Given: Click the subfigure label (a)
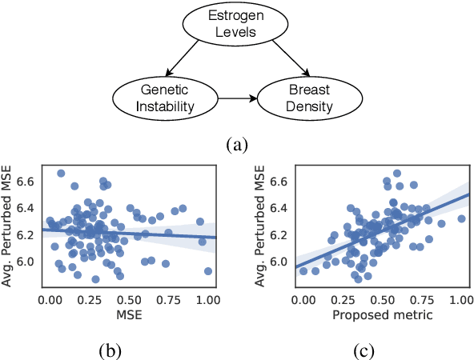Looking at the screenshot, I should point(238,145).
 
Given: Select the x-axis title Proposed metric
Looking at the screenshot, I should point(382,315).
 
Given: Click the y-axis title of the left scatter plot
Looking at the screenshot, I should point(11,225).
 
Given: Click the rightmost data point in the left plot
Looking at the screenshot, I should point(208,271).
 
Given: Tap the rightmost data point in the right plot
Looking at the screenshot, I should point(461,218).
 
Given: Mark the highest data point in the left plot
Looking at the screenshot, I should point(61,173).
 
